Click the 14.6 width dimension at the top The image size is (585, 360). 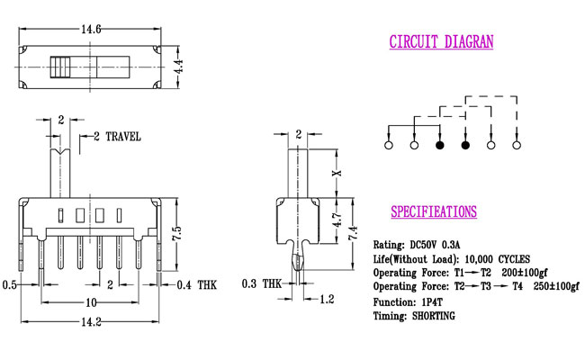click(91, 29)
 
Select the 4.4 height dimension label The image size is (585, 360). click(179, 67)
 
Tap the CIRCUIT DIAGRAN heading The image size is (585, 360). click(441, 41)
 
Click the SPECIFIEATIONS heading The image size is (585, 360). click(434, 211)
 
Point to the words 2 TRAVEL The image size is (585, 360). click(117, 137)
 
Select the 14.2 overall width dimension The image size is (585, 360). click(91, 321)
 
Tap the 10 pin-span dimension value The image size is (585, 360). click(92, 302)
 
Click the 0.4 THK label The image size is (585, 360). click(196, 285)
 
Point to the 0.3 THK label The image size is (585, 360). click(262, 283)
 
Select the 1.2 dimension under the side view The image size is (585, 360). click(327, 299)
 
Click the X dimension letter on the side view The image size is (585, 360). click(337, 173)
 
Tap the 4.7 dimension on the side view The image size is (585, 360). click(337, 220)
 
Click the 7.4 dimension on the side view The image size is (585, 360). click(353, 232)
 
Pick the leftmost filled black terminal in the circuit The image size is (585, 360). click(440, 145)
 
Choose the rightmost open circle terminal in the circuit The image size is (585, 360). click(517, 145)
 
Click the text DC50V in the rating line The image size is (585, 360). click(423, 245)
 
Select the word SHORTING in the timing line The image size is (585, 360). click(434, 316)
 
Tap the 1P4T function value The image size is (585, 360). click(431, 301)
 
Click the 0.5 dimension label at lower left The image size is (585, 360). click(10, 285)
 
